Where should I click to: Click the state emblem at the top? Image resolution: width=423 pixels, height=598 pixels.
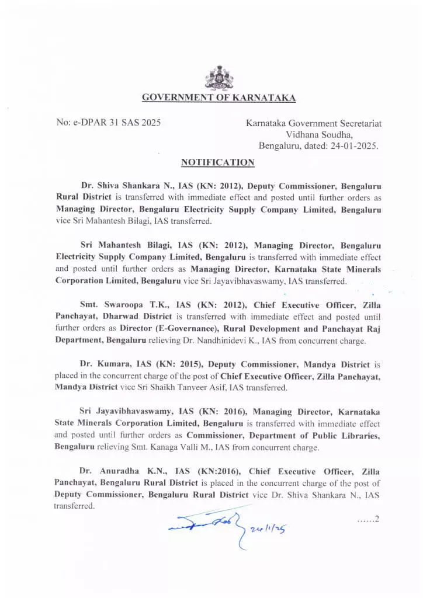click(219, 78)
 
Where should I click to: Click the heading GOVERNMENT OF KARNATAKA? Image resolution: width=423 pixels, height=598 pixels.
click(219, 98)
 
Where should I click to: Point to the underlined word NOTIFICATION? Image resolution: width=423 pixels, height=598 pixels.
click(217, 162)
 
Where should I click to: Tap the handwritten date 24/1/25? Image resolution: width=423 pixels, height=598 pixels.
click(271, 529)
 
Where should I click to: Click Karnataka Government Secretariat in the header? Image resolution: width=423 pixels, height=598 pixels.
click(314, 123)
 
